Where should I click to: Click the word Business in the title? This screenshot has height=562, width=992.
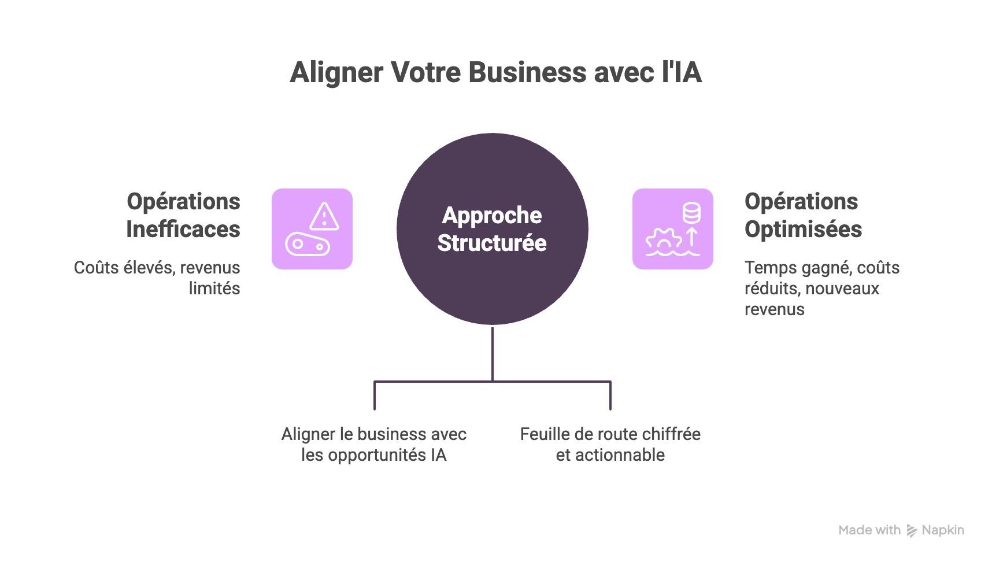click(x=528, y=73)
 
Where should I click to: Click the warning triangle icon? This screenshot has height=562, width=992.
click(x=324, y=216)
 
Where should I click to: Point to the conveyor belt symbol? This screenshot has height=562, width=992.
click(x=308, y=245)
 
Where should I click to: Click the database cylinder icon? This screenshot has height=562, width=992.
click(x=691, y=213)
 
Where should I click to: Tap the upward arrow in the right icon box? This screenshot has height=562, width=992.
click(x=692, y=238)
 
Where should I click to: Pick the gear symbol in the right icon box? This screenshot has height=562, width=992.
click(x=664, y=239)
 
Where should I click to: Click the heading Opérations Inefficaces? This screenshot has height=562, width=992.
click(x=183, y=215)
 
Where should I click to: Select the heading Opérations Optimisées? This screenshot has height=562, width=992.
click(x=803, y=215)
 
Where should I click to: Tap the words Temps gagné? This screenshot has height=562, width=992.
click(x=797, y=268)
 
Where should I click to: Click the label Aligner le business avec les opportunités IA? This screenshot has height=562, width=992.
click(x=374, y=445)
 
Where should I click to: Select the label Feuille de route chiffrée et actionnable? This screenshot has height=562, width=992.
click(x=610, y=445)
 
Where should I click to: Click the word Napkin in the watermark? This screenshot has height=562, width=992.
click(x=943, y=530)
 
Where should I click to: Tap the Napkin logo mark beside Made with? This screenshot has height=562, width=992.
click(x=912, y=531)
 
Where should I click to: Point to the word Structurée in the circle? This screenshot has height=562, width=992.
click(x=492, y=243)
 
